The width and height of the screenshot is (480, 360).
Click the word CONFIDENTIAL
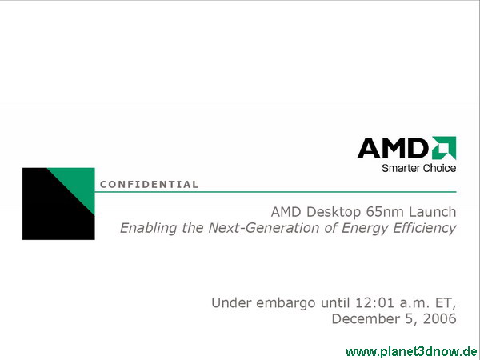coord(149,184)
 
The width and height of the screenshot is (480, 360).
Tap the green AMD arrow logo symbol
coord(444,148)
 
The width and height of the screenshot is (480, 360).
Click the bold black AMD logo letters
coord(394,148)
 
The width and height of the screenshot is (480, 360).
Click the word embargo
coord(286,303)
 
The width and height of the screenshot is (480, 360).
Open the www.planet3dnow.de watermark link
coord(411,352)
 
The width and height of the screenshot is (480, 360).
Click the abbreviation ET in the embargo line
coord(446,303)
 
